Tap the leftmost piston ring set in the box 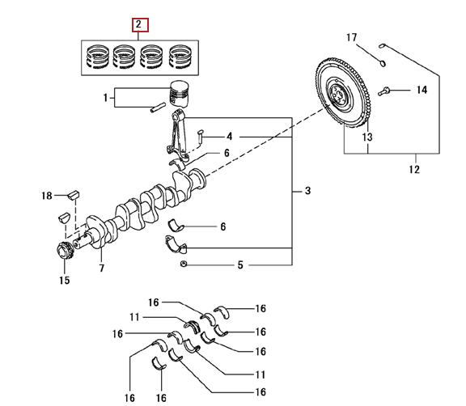point(97,57)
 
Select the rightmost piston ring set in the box point(180,57)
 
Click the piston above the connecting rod point(180,94)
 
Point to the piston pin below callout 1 point(158,108)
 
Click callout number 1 point(105,97)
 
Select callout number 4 point(229,137)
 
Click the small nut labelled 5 point(184,264)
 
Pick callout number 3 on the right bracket point(307,191)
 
